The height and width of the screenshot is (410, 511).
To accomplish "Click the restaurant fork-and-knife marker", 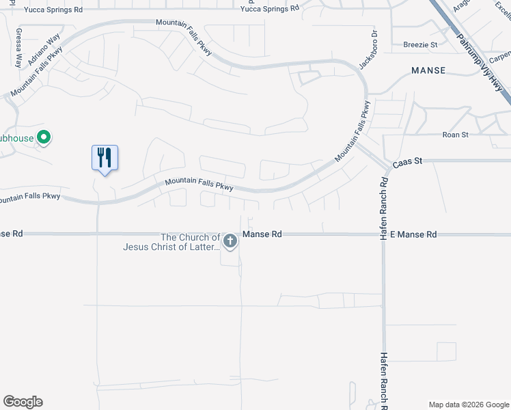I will tap(105, 158).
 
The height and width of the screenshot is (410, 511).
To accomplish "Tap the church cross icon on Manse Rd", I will tap(230, 241).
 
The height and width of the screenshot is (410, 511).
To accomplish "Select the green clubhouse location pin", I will tap(44, 138).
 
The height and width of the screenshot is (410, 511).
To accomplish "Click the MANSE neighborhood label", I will tap(428, 70).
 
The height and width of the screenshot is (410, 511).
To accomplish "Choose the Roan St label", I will tap(455, 135).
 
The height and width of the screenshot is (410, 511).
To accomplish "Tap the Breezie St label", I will tap(420, 44).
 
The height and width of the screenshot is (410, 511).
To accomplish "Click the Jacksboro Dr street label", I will tap(368, 49).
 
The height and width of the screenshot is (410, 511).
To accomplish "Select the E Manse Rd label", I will tap(413, 234).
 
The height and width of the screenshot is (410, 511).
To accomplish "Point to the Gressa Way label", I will tap(18, 47).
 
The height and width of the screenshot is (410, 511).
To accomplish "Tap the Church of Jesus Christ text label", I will tap(171, 243).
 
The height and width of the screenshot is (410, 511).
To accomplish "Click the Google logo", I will tap(23, 402).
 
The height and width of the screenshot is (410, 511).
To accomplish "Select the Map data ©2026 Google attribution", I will tap(469, 404).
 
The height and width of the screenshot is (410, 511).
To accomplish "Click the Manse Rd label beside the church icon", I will tap(262, 234).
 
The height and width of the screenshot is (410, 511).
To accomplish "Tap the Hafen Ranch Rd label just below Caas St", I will tap(385, 198).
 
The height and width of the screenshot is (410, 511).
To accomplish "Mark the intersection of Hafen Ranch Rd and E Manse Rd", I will tap(384, 234).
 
